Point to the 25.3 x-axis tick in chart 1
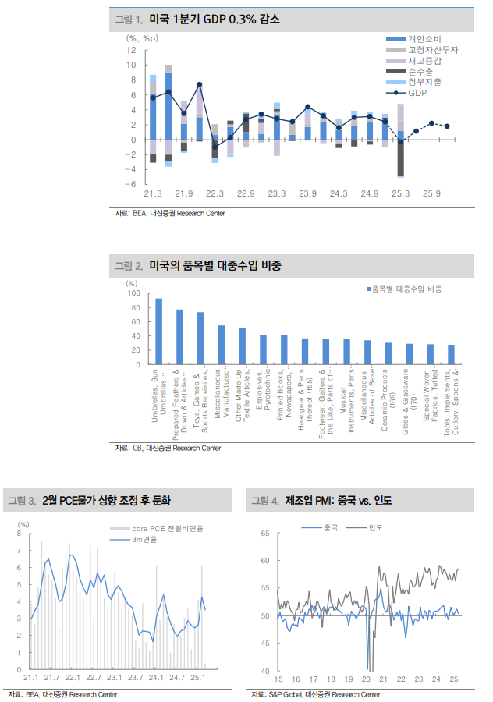pos(401,193)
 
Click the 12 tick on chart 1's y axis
pos(131,50)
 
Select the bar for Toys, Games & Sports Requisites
pos(200,338)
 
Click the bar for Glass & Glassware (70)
pos(409,353)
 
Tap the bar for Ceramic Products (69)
pos(388,353)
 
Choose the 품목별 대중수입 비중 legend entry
pos(406,289)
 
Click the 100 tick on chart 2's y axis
pos(133,294)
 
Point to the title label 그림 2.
pos(129,266)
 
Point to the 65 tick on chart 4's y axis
pos(264,534)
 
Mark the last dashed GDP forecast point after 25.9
pos(447,126)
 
